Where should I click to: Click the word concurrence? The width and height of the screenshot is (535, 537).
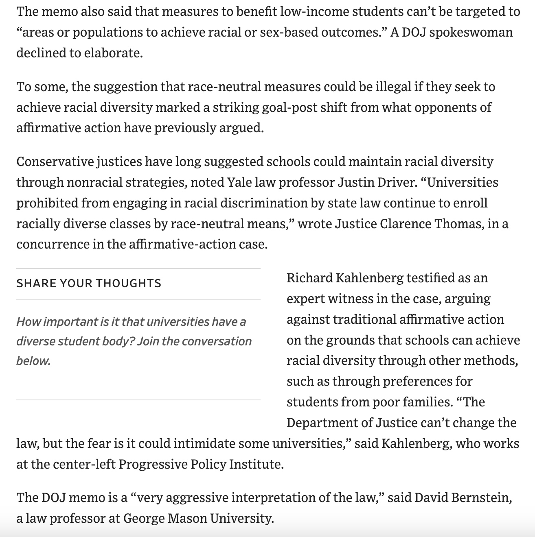click(x=50, y=244)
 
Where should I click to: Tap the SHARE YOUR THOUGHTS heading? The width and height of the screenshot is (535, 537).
click(x=89, y=283)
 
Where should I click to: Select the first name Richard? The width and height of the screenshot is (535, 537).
click(x=309, y=278)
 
